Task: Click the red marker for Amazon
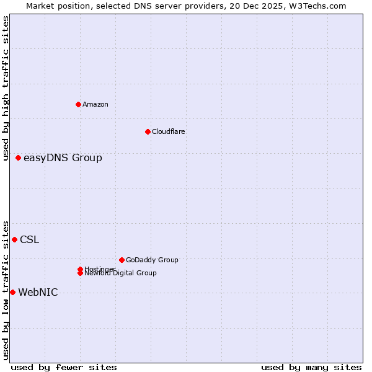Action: coord(78,104)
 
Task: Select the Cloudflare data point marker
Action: coord(148,131)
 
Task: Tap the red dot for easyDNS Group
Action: coord(19,158)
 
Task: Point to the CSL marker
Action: coord(15,239)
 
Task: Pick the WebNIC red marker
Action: coord(13,292)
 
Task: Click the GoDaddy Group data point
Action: coord(122,260)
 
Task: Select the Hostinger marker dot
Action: coord(80,269)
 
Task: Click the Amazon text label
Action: coord(95,104)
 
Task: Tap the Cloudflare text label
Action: coord(169,131)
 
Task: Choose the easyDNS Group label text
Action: coord(63,158)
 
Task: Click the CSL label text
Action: coord(29,240)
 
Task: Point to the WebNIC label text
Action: coord(38,293)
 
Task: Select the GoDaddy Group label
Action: coord(152,260)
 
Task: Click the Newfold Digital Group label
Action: coord(121,273)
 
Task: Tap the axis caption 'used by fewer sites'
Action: coord(64,368)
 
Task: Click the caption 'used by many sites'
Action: coord(311,368)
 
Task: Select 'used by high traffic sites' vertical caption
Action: coord(6,88)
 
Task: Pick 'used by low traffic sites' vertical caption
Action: coord(6,290)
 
